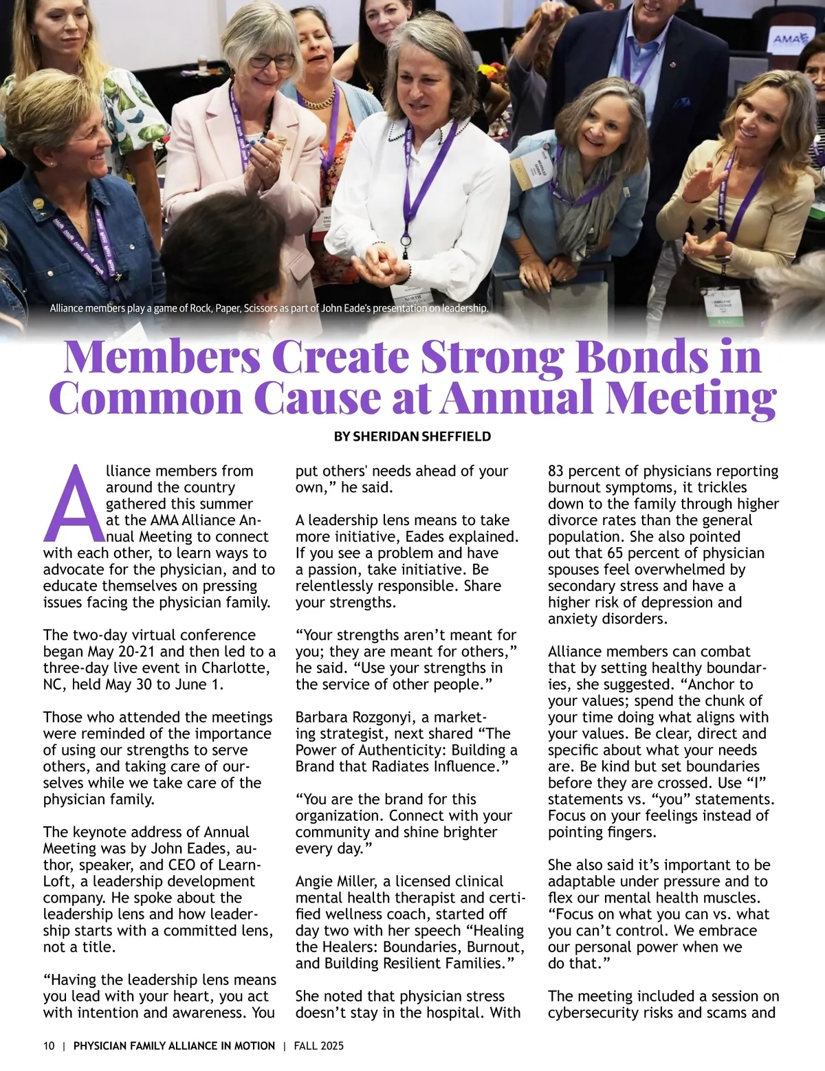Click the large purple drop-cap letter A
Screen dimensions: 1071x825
[72, 504]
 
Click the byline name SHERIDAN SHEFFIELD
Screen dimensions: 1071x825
[421, 437]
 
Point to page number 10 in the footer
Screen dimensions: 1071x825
[49, 1046]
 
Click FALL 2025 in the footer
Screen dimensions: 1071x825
[318, 1046]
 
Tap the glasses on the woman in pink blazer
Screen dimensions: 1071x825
[271, 61]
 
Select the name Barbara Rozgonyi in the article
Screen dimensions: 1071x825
[356, 717]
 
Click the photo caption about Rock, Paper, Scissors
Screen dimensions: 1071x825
[269, 308]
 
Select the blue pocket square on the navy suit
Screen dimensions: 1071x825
[681, 103]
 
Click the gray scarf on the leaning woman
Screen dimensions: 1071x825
[584, 199]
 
